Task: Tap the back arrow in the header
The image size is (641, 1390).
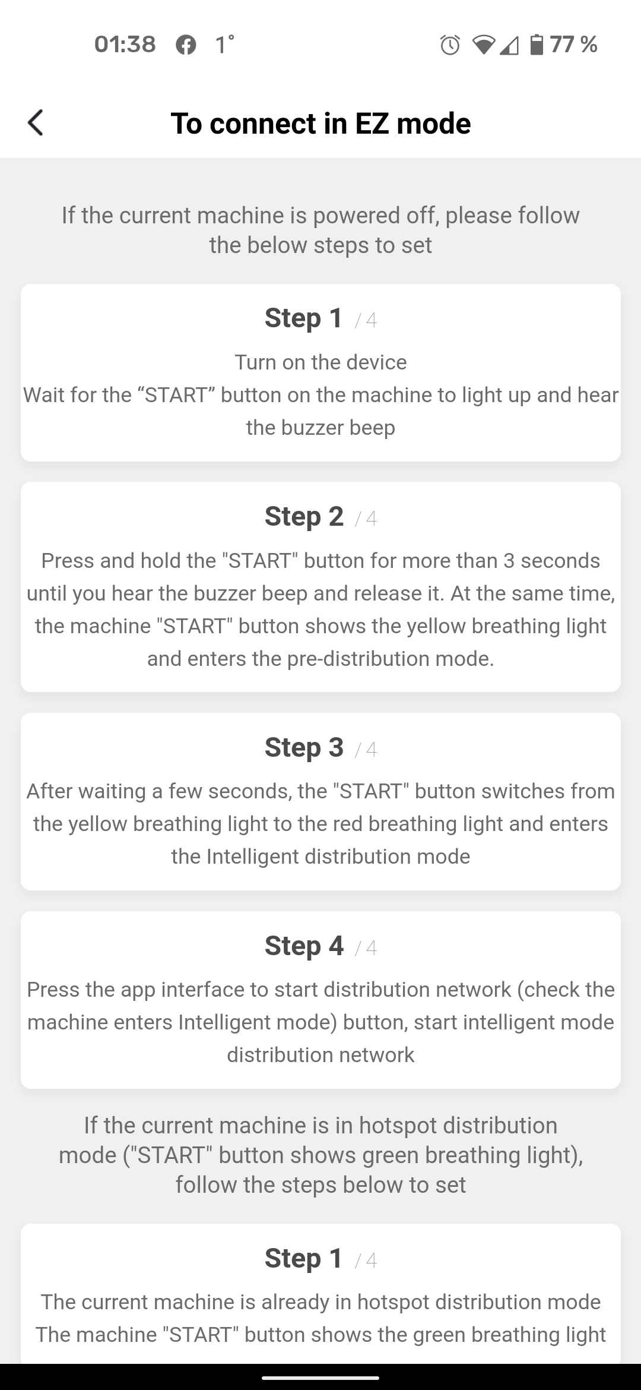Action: (36, 123)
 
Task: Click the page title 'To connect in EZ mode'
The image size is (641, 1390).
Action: (320, 124)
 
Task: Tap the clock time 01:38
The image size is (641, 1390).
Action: (125, 45)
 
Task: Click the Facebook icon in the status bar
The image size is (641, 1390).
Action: (186, 45)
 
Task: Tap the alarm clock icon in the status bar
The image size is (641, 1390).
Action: (450, 45)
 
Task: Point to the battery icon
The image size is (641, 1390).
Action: (536, 45)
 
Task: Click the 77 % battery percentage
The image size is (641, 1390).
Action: (573, 45)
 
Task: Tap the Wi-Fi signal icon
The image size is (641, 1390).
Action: (484, 45)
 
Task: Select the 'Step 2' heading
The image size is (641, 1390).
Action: (304, 516)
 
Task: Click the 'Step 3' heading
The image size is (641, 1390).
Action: (304, 747)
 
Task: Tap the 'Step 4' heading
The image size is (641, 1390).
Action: (304, 946)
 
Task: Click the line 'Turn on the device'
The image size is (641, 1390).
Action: (320, 362)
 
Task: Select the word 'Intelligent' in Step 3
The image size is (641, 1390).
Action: (252, 857)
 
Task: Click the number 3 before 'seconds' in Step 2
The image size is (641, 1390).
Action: (509, 561)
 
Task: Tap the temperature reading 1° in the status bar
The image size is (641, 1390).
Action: (224, 45)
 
